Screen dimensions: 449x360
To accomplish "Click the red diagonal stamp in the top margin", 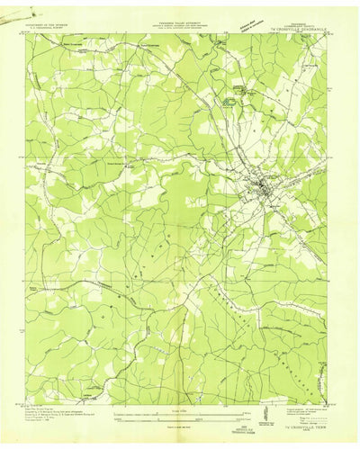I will [246, 22].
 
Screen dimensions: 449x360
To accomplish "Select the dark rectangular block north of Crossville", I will [232, 103].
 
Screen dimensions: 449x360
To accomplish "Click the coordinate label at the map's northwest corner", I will [31, 34].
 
